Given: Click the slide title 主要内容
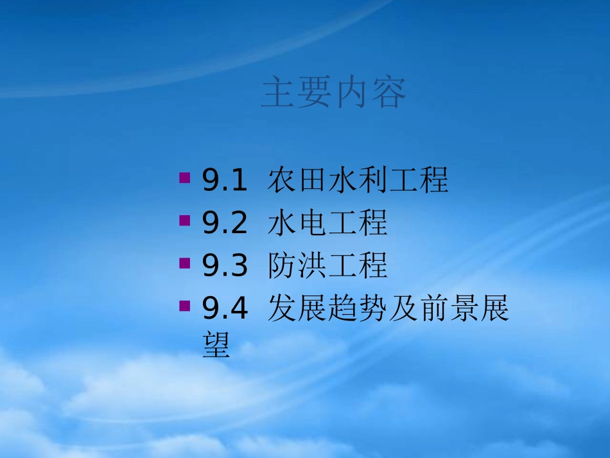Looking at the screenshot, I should pos(333,94).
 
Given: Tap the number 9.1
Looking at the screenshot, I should pos(225,181).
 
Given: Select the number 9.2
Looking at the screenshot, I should pos(225,224).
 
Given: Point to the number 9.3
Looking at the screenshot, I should pos(225,266).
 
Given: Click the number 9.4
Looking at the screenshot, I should pos(225,309).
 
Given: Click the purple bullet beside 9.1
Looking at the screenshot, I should pos(185,177).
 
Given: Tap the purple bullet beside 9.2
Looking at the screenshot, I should pos(185,220).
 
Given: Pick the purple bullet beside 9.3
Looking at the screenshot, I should pos(185,263).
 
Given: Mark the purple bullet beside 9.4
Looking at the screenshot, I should pos(185,305).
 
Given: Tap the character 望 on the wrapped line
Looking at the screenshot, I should pos(216,345).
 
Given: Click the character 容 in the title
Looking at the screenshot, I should pos(388,94).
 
